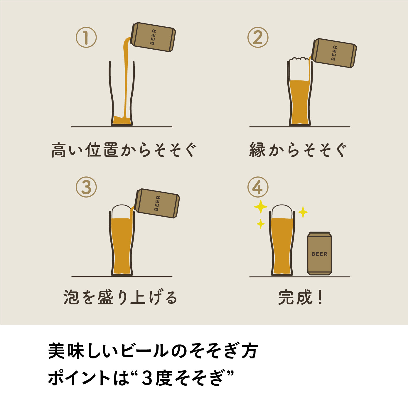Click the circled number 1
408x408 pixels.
click(x=86, y=38)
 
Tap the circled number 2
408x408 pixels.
click(x=258, y=38)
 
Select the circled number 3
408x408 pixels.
click(x=86, y=187)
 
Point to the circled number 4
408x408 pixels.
click(x=258, y=187)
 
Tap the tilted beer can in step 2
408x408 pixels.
click(x=335, y=53)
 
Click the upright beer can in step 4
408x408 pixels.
click(x=319, y=253)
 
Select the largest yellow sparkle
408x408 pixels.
click(x=260, y=207)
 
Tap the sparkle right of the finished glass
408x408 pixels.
click(x=303, y=212)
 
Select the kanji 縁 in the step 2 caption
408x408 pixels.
click(x=257, y=150)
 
